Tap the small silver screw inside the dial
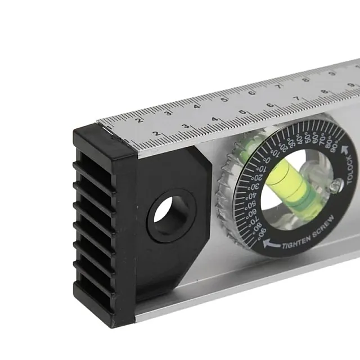336,183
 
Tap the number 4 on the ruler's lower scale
215,119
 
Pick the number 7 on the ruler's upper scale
278,87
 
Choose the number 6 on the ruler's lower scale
270,105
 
